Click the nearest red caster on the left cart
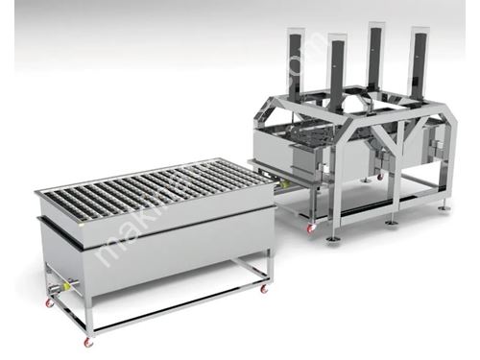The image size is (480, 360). [x=89, y=341]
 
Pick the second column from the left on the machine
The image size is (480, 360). [x=336, y=72]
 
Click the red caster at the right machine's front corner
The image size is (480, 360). [x=310, y=228]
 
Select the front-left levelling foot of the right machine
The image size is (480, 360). [x=331, y=236]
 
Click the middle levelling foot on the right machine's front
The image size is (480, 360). [x=392, y=222]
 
